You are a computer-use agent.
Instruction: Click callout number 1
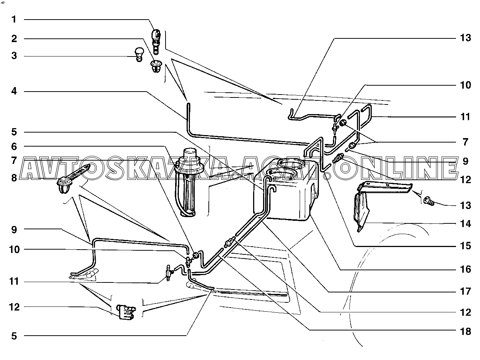click(14, 19)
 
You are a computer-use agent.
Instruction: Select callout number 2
click(14, 38)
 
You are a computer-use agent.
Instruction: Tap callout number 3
click(14, 56)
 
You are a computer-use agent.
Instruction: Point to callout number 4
click(14, 91)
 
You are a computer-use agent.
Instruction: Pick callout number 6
click(14, 147)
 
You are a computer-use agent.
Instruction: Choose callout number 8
click(14, 178)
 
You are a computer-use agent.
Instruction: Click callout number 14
click(466, 224)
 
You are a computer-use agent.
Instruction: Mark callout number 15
click(466, 246)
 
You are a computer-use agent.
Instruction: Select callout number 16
click(466, 270)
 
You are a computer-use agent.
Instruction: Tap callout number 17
click(466, 292)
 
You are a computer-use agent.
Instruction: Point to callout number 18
click(466, 331)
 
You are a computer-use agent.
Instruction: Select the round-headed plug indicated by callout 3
click(139, 54)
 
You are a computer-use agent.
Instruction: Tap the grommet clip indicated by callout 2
click(156, 67)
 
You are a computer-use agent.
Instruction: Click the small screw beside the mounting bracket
click(429, 201)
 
